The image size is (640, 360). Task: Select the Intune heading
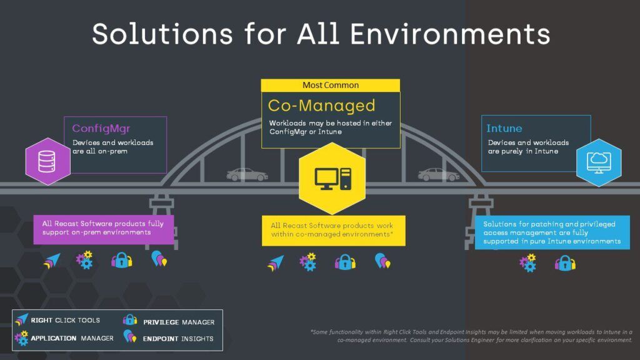click(x=504, y=129)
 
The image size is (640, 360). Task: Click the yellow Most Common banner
click(x=331, y=85)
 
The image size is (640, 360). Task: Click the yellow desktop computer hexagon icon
click(x=332, y=179)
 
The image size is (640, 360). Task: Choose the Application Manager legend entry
click(x=64, y=338)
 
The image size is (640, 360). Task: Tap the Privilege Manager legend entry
click(x=169, y=322)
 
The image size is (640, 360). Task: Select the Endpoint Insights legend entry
click(x=169, y=339)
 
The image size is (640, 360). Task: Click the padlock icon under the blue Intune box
click(x=565, y=262)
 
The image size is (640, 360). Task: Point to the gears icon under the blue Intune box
click(x=528, y=262)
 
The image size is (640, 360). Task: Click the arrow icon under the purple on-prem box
click(x=52, y=261)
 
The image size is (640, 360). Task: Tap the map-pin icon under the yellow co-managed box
click(x=381, y=261)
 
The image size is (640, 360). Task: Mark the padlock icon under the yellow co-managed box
click(x=345, y=261)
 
